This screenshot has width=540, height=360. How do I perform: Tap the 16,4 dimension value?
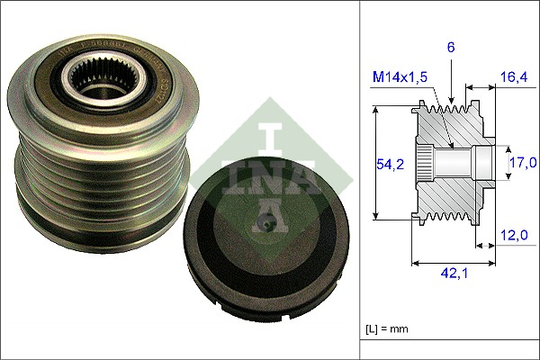tap(514, 78)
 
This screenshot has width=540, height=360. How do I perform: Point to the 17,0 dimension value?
tap(523, 163)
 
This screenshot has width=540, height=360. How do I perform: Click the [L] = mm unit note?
tap(388, 328)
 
